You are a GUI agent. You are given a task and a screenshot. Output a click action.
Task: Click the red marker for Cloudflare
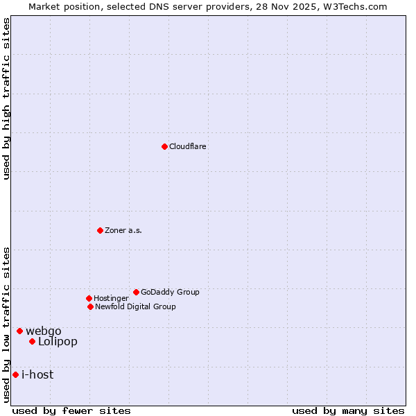(x=164, y=146)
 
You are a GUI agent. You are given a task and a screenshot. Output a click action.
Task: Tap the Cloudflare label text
(x=188, y=147)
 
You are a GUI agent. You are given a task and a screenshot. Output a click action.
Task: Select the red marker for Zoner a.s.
(x=100, y=230)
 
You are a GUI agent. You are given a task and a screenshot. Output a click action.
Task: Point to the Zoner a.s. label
(x=123, y=231)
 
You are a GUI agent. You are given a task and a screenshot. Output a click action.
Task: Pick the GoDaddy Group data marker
(x=136, y=292)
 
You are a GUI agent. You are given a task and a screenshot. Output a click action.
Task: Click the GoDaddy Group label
(x=170, y=293)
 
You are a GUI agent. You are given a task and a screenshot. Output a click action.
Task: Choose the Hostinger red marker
(x=89, y=298)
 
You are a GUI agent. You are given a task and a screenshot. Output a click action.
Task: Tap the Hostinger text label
(x=111, y=299)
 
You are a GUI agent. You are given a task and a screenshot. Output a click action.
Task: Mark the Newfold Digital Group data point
(x=90, y=306)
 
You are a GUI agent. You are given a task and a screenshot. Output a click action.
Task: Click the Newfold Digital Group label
(x=135, y=307)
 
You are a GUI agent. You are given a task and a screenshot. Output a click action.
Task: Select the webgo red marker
(x=19, y=331)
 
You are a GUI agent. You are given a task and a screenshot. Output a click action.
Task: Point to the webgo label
(x=44, y=331)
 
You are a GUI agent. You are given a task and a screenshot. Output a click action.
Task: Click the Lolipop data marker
(x=32, y=341)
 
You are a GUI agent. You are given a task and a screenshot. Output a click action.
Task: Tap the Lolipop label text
(x=58, y=342)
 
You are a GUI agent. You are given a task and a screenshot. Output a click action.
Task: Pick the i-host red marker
(x=15, y=374)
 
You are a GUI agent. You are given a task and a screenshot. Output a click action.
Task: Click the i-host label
(x=37, y=375)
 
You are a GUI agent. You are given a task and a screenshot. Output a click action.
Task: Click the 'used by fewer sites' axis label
(x=71, y=411)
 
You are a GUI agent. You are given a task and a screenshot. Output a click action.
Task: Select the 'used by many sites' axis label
(x=348, y=411)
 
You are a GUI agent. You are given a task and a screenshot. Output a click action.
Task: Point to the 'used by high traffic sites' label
(x=7, y=98)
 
